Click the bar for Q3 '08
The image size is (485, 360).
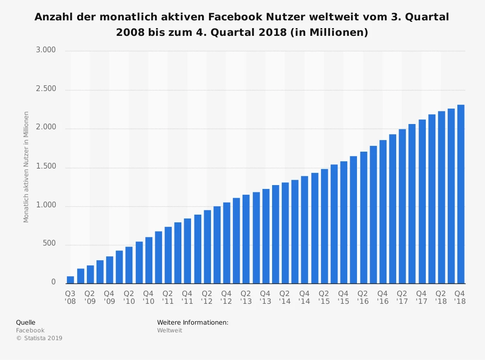point(70,280)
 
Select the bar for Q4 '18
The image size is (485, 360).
point(461,194)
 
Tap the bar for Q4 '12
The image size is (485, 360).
point(226,243)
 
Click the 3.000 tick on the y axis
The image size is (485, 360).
point(46,50)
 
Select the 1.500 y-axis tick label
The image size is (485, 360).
point(46,167)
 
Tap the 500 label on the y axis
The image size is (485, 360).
point(50,244)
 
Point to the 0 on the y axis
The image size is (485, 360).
point(53,282)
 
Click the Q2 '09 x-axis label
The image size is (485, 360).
point(90,297)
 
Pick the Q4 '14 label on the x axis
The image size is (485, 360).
point(304,297)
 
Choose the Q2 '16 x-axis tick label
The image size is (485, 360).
point(363,297)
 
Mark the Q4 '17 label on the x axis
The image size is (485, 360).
point(421,297)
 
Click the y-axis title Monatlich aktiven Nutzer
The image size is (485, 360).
point(26,167)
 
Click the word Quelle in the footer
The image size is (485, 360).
point(26,322)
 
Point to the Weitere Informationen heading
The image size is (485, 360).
point(193,322)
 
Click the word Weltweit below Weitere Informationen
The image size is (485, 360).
point(169,330)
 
